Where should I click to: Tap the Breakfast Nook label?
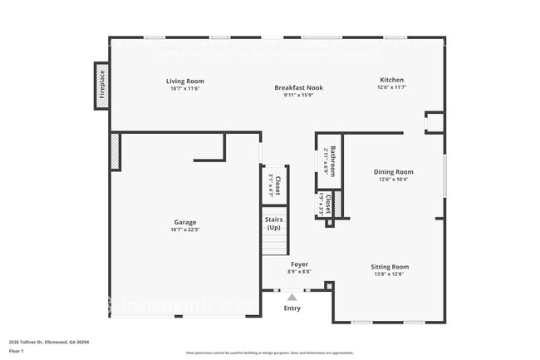click(x=299, y=87)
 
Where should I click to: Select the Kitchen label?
click(x=391, y=80)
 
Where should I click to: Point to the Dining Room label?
click(x=393, y=171)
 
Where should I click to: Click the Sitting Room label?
click(x=390, y=267)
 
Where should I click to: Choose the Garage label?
click(x=185, y=222)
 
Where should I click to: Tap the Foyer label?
click(x=299, y=264)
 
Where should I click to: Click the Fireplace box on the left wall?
click(x=102, y=84)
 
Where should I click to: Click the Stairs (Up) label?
click(x=273, y=224)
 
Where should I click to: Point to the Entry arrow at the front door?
click(x=292, y=295)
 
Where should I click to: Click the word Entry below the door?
click(x=292, y=308)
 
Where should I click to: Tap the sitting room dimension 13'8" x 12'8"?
click(x=390, y=274)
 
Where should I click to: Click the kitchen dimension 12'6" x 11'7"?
click(x=391, y=86)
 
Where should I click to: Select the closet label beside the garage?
click(x=277, y=183)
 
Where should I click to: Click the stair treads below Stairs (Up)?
click(x=274, y=244)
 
